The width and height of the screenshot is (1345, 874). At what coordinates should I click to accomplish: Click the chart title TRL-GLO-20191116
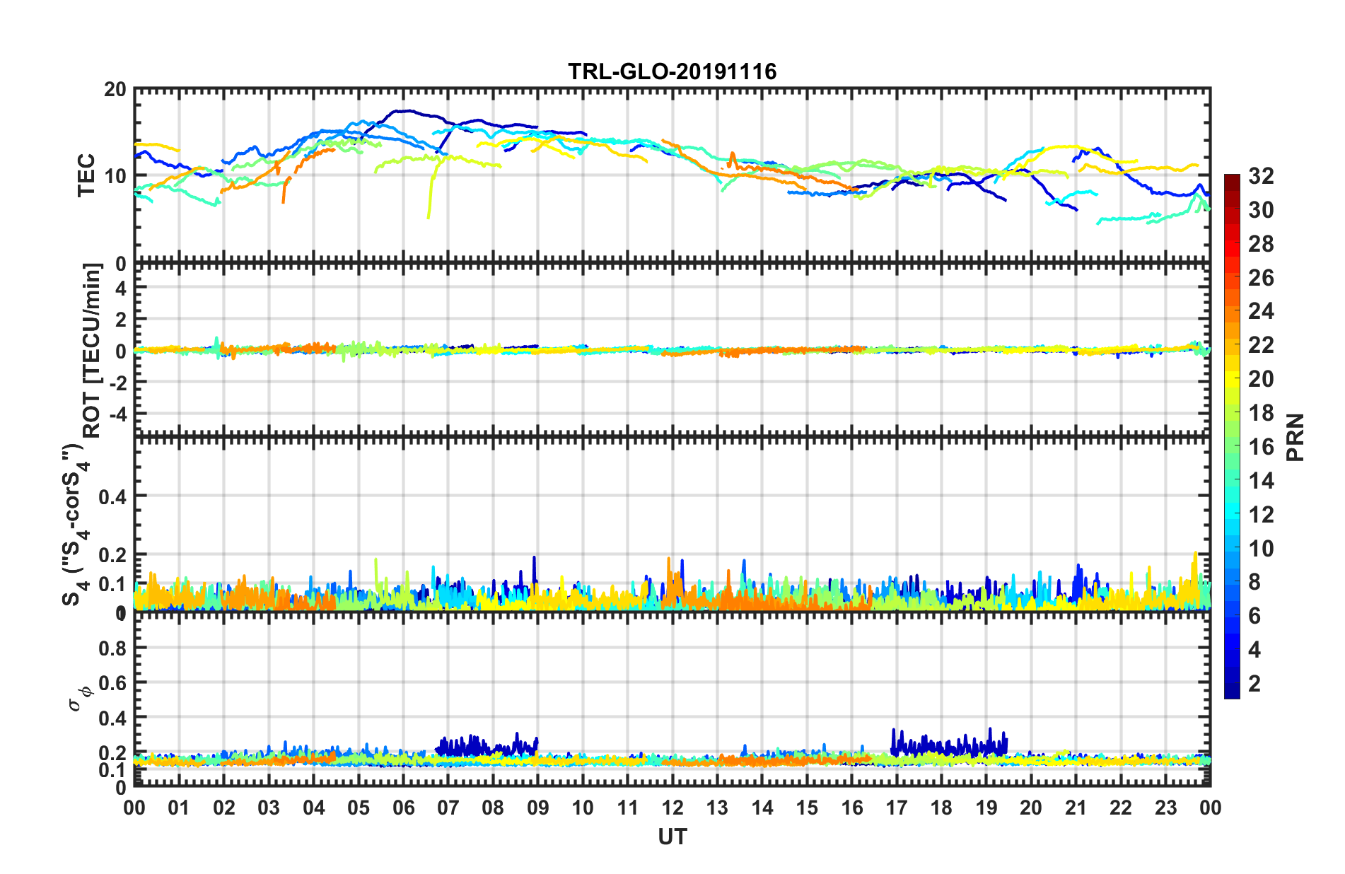coord(672,71)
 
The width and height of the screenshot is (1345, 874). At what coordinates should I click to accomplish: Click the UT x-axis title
coord(672,837)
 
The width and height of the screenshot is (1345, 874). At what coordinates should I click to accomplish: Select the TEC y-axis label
coord(86,175)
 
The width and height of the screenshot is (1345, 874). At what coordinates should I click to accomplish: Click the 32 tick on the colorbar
coord(1261,176)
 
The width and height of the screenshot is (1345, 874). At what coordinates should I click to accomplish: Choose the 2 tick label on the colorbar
coord(1254,683)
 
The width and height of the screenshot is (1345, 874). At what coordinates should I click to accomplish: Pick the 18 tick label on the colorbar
coord(1261,413)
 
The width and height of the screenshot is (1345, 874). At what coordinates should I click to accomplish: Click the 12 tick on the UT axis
coord(672,808)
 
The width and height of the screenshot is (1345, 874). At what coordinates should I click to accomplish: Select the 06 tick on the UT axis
coord(404,808)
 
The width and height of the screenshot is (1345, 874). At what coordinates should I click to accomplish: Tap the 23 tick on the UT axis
coord(1165,808)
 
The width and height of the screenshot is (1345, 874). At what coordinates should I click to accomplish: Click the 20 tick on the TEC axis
coord(115,90)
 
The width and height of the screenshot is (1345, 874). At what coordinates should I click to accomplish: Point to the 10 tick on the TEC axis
coord(115,176)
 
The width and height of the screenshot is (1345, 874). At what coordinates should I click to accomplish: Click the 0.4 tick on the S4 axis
coord(112,496)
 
